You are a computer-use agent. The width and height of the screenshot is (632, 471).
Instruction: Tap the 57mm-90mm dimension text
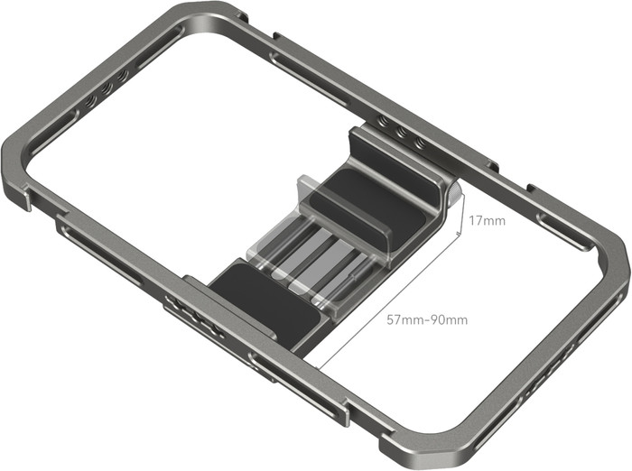click(427, 319)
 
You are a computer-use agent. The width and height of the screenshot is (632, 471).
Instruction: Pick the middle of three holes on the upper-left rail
click(108, 92)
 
